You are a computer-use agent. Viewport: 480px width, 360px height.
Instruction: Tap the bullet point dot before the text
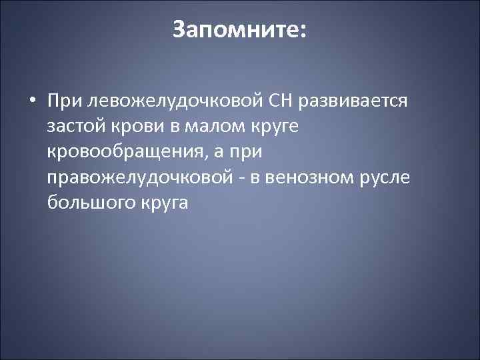(x=33, y=101)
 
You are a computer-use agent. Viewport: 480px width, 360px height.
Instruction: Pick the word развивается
(x=357, y=101)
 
